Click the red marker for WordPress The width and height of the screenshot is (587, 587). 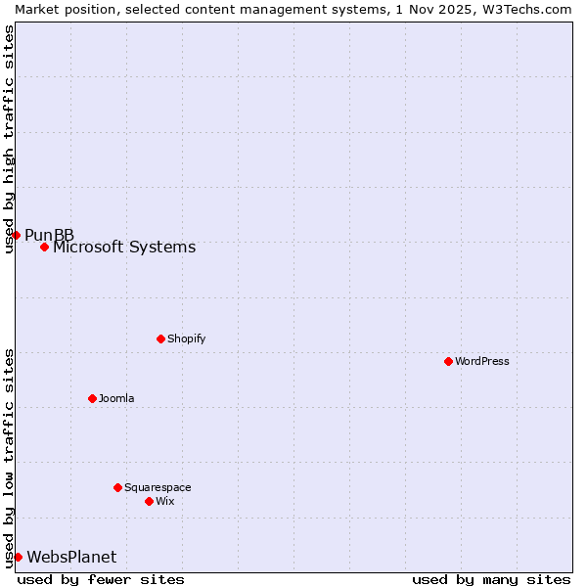tap(448, 361)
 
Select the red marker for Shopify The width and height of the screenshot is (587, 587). tap(160, 339)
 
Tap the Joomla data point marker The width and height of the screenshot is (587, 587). tap(92, 398)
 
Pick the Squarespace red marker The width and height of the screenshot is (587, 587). tap(117, 487)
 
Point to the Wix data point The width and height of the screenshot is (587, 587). tap(149, 501)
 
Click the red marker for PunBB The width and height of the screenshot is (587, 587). tap(16, 235)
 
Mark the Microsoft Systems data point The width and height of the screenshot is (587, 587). tap(44, 247)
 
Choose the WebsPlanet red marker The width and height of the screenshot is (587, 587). tap(18, 557)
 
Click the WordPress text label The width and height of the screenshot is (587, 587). tap(482, 361)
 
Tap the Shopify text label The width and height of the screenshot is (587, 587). tap(186, 339)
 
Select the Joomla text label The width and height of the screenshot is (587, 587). tap(116, 398)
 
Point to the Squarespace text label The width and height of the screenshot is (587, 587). tap(158, 487)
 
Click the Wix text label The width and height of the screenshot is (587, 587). tap(164, 501)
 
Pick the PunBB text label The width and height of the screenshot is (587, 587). tap(49, 235)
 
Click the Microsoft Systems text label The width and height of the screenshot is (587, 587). tap(124, 248)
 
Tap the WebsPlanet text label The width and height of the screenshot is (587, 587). tap(71, 558)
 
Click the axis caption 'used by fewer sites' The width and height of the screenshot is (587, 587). tap(101, 579)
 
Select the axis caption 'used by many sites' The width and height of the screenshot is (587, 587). tap(491, 579)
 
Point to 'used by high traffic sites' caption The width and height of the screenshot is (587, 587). tap(9, 139)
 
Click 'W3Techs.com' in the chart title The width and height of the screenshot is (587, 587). tap(526, 9)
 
